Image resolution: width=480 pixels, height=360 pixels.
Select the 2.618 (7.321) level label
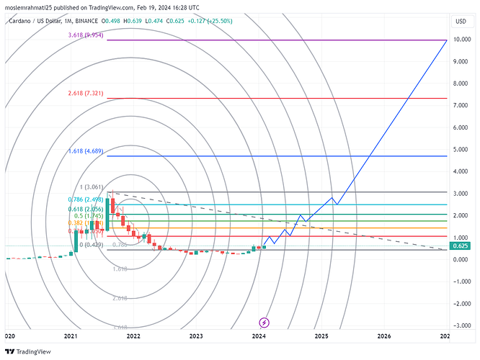click(86, 94)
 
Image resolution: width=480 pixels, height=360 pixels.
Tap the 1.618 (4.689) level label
click(86, 152)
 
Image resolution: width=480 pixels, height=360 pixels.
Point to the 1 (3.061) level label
click(92, 187)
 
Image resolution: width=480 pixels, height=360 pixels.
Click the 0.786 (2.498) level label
click(86, 199)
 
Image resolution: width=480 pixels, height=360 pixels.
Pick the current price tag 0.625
click(460, 246)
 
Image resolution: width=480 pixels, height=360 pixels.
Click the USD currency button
click(460, 21)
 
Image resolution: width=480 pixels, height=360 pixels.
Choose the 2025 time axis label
click(321, 336)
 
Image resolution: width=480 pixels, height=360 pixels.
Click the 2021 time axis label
click(71, 336)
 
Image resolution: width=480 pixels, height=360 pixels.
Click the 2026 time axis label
click(384, 336)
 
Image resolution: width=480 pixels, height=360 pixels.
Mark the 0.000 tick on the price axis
click(461, 259)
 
